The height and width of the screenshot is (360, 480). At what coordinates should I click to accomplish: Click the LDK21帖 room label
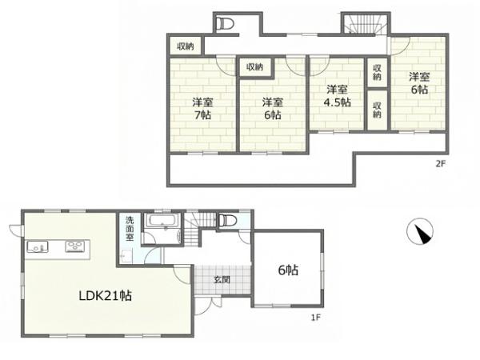106,295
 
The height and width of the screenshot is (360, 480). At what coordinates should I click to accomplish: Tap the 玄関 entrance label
222,279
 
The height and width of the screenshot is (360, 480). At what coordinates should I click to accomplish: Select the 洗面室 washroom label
130,229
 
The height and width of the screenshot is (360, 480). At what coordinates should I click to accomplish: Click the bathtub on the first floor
162,221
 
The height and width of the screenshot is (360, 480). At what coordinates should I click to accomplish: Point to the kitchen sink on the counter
38,246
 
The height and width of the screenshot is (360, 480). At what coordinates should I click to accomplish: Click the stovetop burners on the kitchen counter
74,246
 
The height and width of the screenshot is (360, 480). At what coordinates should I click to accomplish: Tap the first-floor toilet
228,220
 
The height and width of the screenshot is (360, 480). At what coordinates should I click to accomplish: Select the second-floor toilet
225,23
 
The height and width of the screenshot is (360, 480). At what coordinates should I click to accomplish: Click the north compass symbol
420,231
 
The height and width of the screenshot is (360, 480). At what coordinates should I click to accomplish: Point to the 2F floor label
440,164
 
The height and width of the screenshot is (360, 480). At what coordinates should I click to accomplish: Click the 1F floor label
316,318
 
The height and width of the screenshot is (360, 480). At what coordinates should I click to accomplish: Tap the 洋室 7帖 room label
202,108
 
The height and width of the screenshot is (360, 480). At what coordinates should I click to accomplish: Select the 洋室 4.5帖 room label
337,96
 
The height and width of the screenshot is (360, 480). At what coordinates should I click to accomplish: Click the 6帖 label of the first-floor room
288,270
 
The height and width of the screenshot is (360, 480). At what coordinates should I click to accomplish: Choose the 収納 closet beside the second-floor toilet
186,46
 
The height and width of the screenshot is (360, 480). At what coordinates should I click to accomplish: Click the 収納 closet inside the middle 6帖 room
254,67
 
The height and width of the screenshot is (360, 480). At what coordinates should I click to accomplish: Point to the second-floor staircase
366,24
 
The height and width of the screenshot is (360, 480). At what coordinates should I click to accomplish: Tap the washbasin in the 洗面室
126,257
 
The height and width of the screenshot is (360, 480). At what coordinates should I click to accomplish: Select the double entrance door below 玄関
208,303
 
